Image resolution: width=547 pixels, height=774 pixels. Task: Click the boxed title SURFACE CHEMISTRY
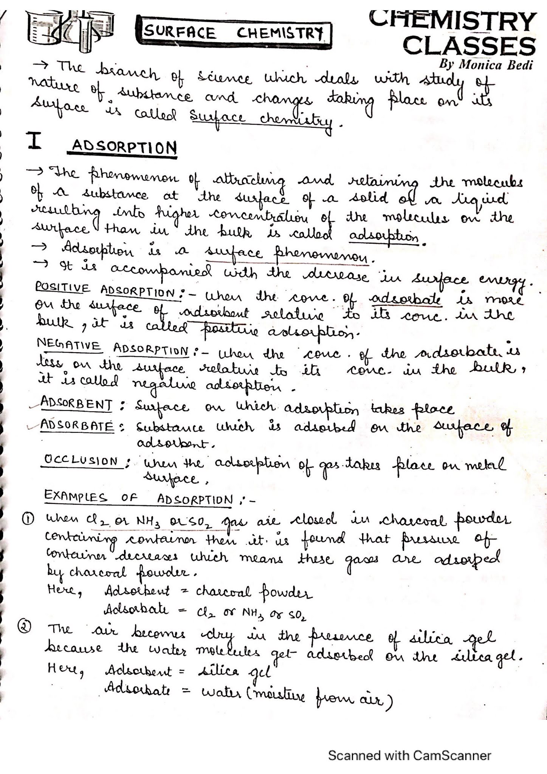[x=234, y=33]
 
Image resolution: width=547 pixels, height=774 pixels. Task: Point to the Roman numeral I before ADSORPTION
[x=35, y=141]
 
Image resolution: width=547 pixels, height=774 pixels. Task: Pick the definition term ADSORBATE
[x=77, y=426]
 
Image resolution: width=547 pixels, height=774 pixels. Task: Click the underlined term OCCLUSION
[x=81, y=461]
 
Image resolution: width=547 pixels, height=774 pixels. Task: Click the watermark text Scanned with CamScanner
[x=409, y=755]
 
